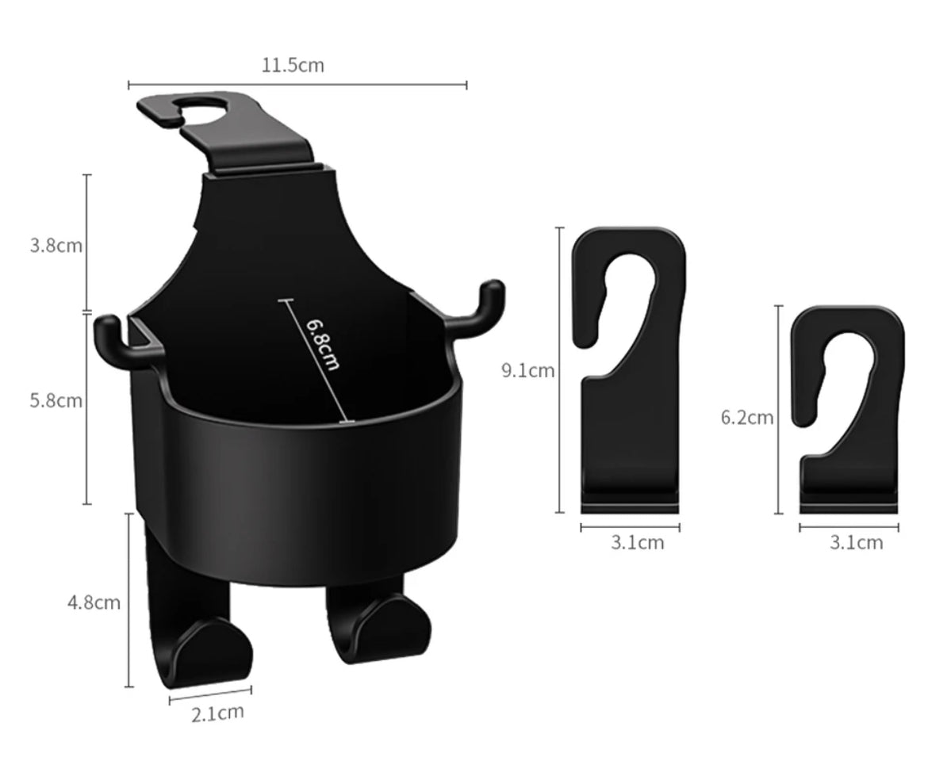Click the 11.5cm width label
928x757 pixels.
pos(293,64)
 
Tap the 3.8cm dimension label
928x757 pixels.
pos(56,245)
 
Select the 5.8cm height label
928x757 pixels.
pos(56,400)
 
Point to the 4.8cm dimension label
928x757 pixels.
pos(94,602)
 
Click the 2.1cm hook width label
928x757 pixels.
pos(217,713)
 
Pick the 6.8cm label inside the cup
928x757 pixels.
pos(323,345)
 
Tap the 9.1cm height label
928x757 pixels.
pos(528,371)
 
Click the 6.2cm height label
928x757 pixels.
pos(747,418)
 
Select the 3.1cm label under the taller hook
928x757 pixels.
pos(638,542)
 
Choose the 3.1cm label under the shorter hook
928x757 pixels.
pos(857,542)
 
